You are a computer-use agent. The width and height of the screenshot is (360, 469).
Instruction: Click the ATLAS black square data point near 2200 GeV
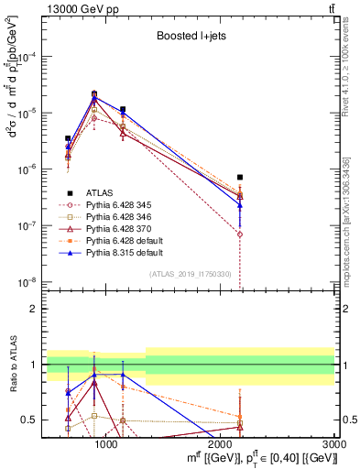(240, 177)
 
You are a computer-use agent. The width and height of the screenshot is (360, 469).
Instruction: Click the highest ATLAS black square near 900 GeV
(94, 93)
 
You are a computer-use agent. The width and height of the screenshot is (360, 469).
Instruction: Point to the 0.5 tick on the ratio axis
(36, 420)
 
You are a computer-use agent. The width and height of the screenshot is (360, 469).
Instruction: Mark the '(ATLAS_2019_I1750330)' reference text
(190, 274)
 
